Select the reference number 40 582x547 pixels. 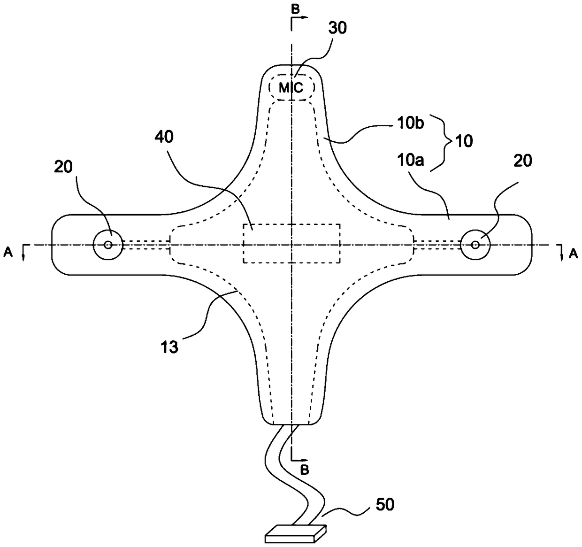165,137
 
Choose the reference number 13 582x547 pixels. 170,348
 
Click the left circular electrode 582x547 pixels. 108,245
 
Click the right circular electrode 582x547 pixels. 475,245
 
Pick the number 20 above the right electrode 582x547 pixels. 522,161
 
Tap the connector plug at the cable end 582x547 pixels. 295,534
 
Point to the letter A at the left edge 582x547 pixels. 8,253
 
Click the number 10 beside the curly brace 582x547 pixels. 464,141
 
